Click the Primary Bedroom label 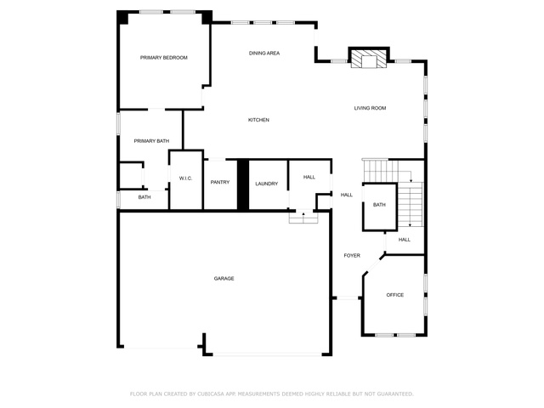tap(164, 58)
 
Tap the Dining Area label tap(264, 53)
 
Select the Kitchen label tap(258, 120)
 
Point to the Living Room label tap(370, 108)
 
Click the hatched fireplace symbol tap(368, 59)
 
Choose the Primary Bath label tap(151, 141)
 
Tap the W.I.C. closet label tap(185, 178)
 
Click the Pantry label tap(220, 182)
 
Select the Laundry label tap(266, 184)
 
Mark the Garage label tap(224, 278)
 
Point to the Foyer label tap(352, 255)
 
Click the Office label tap(394, 295)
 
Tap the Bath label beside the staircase tap(379, 205)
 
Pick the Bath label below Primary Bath tap(144, 197)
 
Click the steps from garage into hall tap(303, 218)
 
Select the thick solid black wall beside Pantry tap(243, 184)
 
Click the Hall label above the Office tap(405, 240)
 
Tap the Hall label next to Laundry tap(309, 177)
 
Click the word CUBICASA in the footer tap(211, 394)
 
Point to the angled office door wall tap(374, 265)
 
